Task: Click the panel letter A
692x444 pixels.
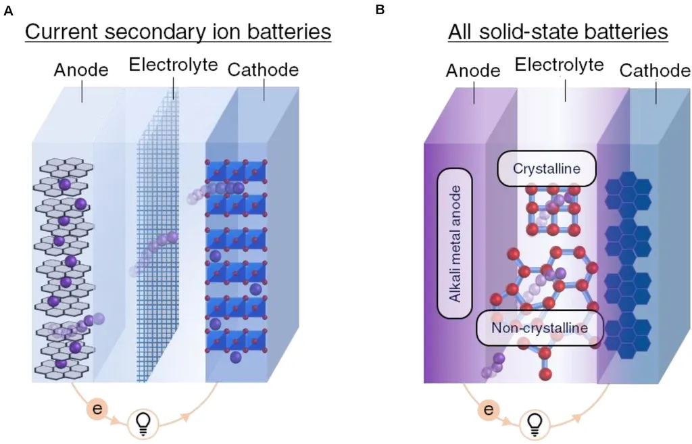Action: pos(7,9)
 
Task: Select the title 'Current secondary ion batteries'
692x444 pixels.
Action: pos(178,32)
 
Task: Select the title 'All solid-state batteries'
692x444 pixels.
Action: pos(558,32)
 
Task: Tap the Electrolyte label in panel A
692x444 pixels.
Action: pos(173,65)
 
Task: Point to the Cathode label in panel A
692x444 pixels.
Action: pos(264,70)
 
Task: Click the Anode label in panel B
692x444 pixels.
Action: pos(473,71)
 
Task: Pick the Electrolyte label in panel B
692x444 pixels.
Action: pos(559,65)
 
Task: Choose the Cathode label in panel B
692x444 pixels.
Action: pos(655,71)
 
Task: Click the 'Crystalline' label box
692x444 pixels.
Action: pos(547,169)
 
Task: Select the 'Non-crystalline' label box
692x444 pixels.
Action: pos(539,328)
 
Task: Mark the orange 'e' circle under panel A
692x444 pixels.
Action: pos(97,409)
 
